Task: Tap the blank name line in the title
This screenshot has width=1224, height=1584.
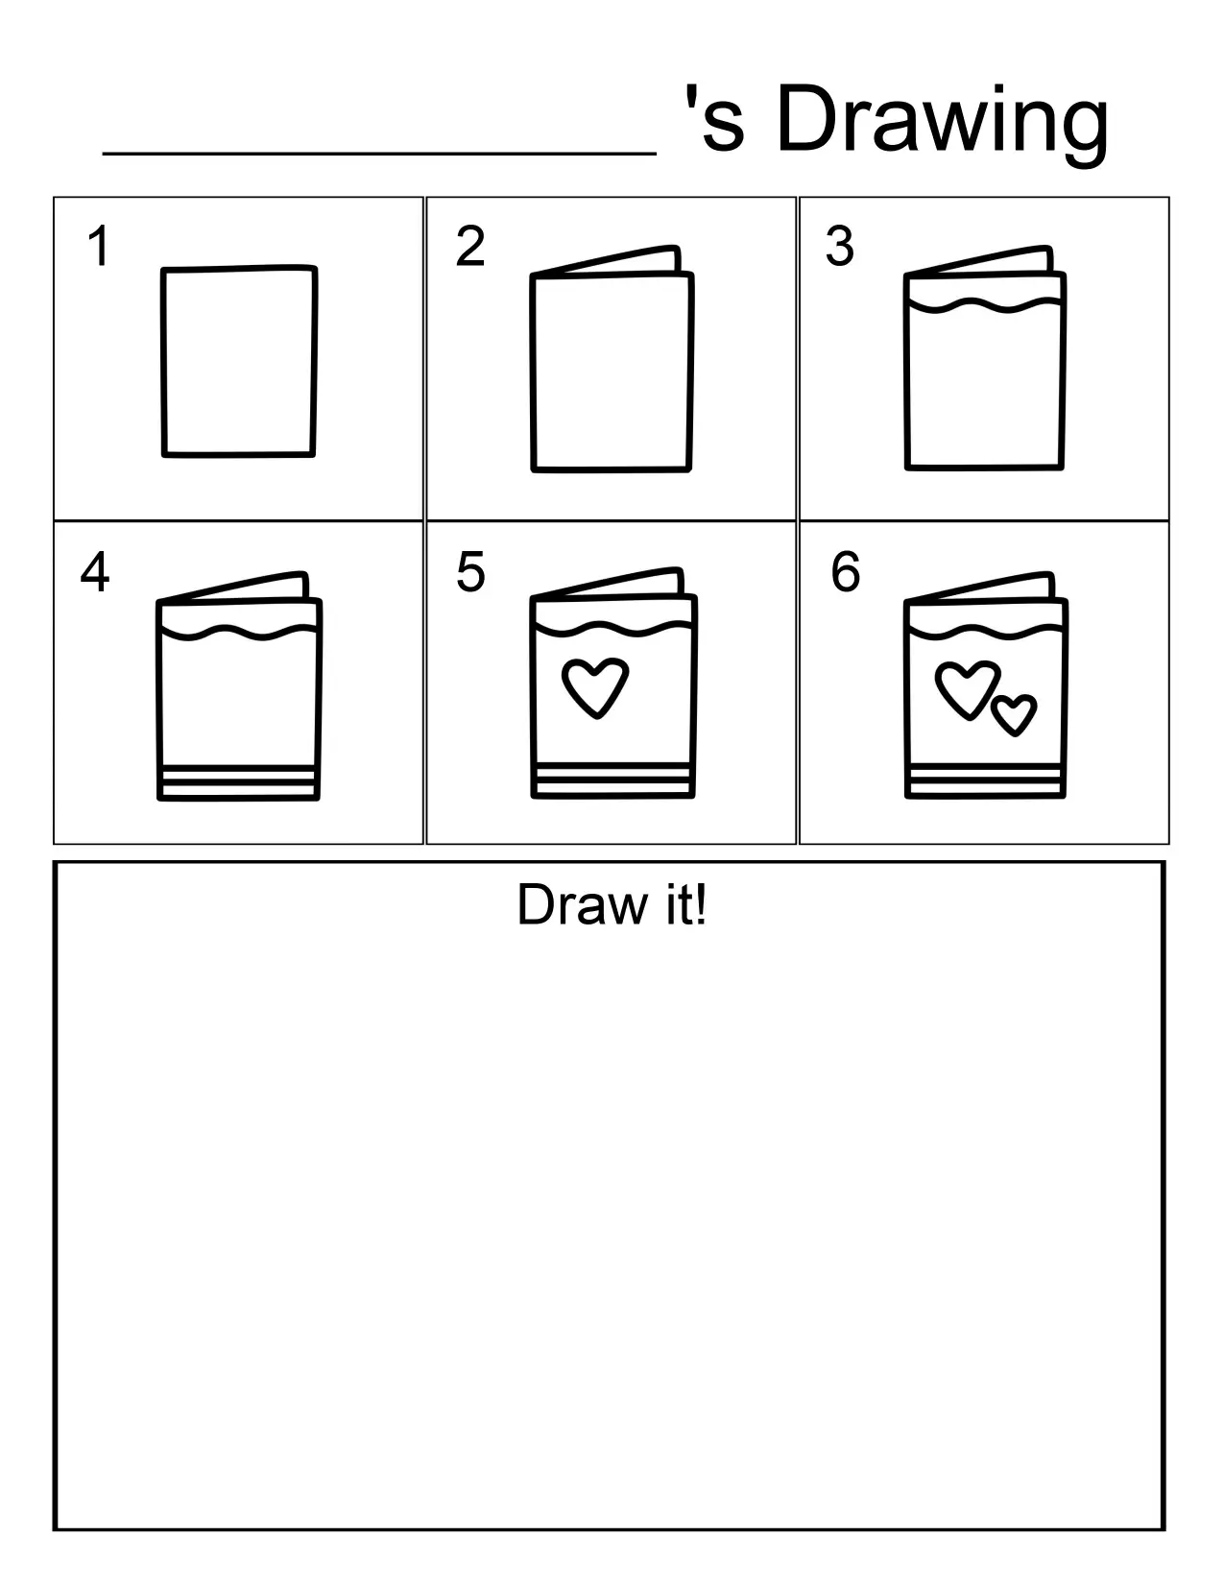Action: (379, 149)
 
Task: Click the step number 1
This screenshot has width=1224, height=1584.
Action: (98, 247)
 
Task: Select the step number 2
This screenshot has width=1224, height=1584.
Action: (470, 247)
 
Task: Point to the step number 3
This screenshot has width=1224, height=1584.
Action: (840, 247)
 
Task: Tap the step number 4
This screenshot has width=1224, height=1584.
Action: (95, 572)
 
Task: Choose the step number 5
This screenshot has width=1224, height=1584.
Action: (470, 572)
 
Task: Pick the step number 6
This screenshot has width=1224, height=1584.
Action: (846, 572)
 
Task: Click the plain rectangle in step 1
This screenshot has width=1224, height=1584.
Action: (239, 361)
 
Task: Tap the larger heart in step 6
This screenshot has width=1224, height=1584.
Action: (966, 687)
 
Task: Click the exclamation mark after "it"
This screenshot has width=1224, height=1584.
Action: (701, 905)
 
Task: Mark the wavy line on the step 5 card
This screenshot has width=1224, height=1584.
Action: (612, 630)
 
